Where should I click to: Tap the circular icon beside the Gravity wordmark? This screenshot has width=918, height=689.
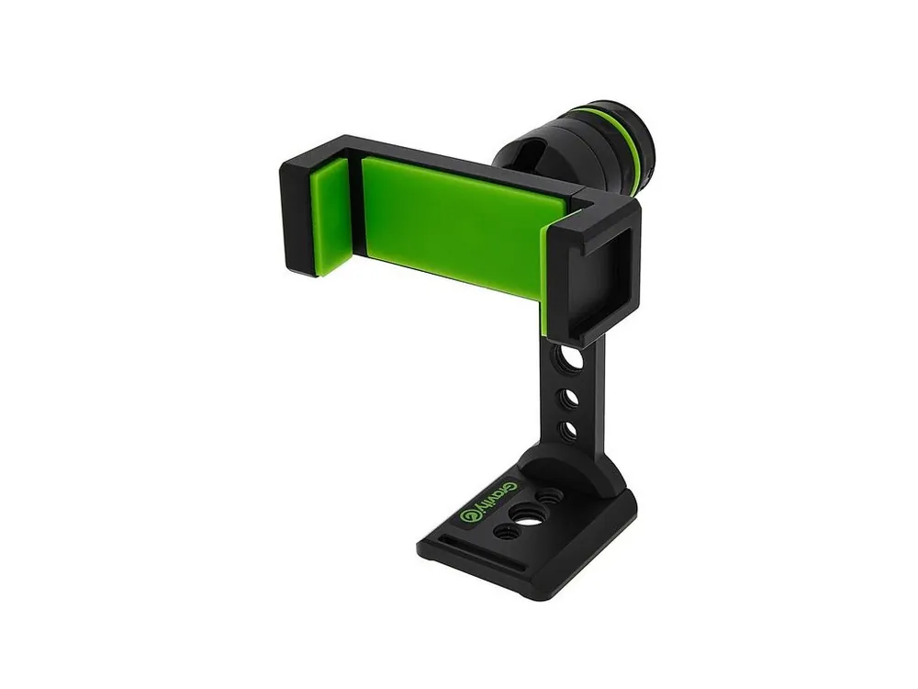click(x=469, y=514)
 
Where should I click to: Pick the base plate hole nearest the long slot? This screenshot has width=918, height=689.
click(x=507, y=532)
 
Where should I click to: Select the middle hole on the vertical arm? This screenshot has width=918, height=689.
click(x=569, y=399)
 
